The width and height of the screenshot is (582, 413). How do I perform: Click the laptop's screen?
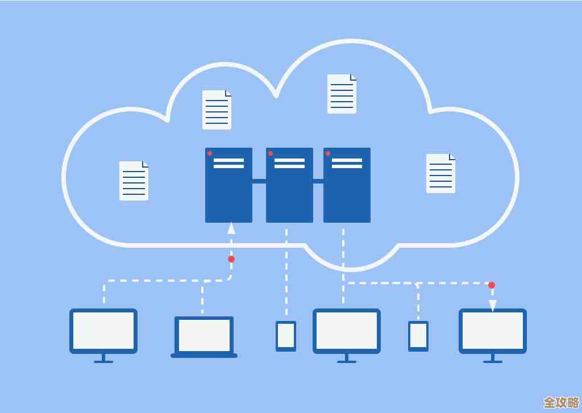(204, 335)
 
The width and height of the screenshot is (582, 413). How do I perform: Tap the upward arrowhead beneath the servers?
(231, 228)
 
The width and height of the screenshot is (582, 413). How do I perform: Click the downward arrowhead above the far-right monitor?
(493, 306)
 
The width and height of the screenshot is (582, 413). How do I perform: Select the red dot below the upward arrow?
(231, 259)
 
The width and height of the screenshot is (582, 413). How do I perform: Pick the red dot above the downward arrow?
(492, 285)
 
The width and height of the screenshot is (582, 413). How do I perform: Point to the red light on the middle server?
(271, 153)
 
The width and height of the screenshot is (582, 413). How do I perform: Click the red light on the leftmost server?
(210, 153)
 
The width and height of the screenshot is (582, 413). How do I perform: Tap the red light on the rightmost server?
(328, 153)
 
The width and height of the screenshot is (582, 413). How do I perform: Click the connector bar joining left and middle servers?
(259, 181)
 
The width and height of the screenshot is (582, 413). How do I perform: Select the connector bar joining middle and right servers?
(318, 181)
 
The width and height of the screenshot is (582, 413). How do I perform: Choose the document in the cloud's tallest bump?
(342, 94)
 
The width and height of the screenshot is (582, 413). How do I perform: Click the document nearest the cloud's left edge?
(134, 181)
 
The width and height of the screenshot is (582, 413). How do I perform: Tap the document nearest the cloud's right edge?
(440, 173)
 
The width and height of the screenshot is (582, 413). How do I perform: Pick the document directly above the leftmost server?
(217, 110)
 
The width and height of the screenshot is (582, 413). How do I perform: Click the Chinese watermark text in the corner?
(561, 402)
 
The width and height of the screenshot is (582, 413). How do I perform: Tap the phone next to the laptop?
(286, 336)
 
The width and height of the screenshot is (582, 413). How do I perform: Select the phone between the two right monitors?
(418, 336)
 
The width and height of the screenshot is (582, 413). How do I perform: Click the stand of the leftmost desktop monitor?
(103, 358)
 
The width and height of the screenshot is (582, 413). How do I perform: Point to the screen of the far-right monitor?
(493, 331)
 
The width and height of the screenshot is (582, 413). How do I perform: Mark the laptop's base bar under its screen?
(204, 356)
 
